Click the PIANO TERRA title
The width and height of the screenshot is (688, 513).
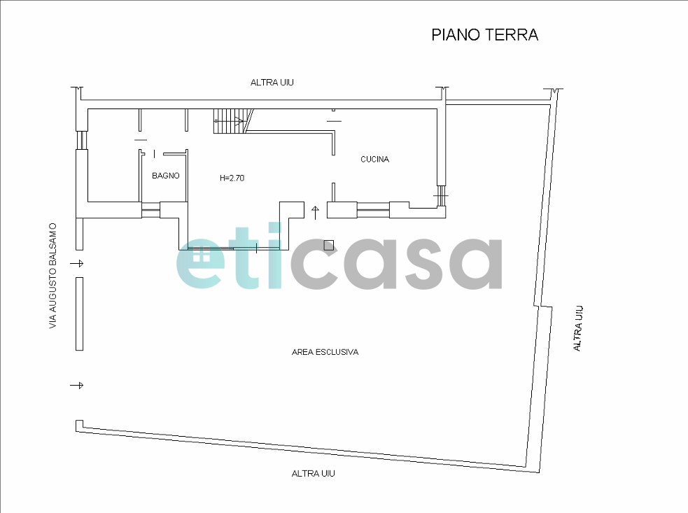[x=485, y=35]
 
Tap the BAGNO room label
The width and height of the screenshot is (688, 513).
[x=166, y=176]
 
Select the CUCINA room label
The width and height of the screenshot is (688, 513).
[x=374, y=160]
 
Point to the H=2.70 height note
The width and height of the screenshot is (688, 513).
[x=232, y=178]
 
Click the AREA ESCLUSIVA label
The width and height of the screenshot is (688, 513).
[x=325, y=352]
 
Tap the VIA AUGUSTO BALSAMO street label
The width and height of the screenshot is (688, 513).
[x=53, y=276]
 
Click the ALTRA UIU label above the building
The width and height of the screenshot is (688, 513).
[x=272, y=83]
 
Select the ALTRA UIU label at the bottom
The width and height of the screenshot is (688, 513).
[x=314, y=474]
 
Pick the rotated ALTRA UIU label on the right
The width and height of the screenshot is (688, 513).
[x=578, y=328]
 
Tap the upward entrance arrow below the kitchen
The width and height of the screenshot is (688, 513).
[x=316, y=212]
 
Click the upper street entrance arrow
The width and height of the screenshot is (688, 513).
[x=77, y=263]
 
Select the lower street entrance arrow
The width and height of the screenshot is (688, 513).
[x=77, y=386]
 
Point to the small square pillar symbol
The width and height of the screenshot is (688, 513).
[x=329, y=246]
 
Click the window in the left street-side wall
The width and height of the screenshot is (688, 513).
[x=82, y=141]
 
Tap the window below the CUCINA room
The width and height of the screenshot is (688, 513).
[x=373, y=210]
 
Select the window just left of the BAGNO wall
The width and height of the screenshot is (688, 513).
[x=150, y=210]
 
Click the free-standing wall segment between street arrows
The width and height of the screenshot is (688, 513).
[x=79, y=314]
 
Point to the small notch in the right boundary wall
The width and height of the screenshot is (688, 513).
[x=542, y=307]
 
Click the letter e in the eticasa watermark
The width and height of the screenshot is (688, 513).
[x=200, y=263]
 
